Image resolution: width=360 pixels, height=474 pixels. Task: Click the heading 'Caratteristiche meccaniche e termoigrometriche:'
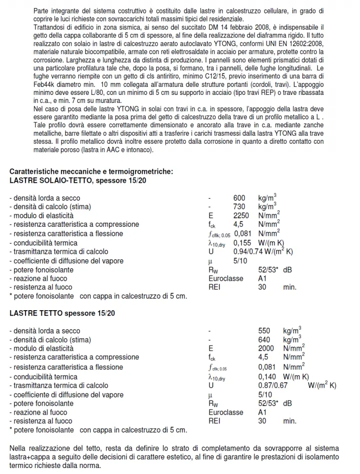91,171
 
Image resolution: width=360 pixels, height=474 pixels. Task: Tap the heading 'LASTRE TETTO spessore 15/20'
62,313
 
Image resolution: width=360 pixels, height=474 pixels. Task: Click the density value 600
239,198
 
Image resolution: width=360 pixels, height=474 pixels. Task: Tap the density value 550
264,331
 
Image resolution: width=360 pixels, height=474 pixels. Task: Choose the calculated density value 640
264,340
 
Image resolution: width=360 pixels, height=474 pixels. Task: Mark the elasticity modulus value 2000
266,349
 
